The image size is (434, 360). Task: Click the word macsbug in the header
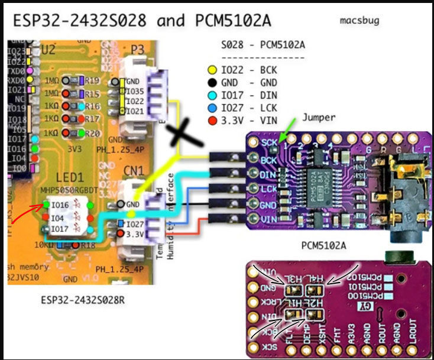click(359, 21)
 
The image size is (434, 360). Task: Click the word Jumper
click(319, 117)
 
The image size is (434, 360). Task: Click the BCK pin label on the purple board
click(270, 160)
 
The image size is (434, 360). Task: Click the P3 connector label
click(137, 50)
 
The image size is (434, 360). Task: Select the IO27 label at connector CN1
click(135, 223)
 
